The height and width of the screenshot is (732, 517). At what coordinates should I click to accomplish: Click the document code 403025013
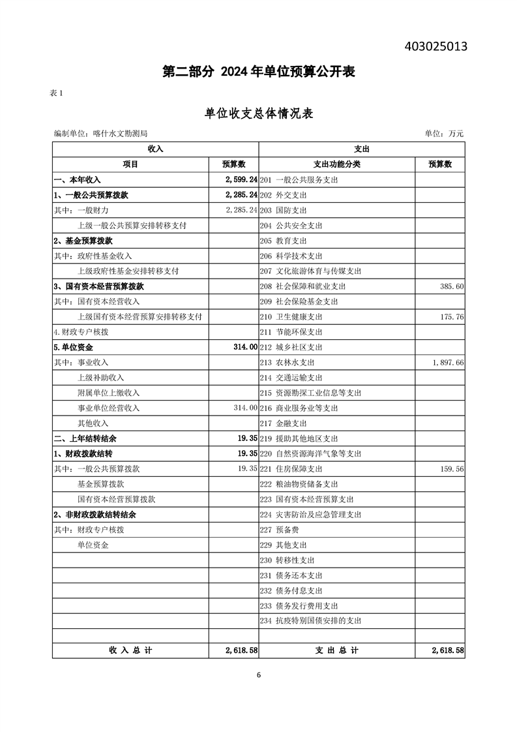coord(436,46)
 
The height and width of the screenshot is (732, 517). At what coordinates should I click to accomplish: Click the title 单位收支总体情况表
coord(259,114)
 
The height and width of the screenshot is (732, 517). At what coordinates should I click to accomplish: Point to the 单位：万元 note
coord(444,133)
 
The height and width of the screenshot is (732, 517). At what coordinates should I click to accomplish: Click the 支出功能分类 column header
coord(336,164)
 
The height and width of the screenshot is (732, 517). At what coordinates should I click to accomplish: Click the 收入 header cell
coord(155,149)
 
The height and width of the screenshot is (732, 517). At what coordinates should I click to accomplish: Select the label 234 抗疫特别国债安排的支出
coord(310,621)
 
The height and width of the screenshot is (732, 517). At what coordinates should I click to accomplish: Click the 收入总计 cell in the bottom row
coord(130,650)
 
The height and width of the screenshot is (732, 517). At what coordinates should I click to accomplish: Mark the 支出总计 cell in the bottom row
coord(336,650)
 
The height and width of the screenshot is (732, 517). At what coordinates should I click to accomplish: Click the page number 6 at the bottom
coord(259,675)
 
